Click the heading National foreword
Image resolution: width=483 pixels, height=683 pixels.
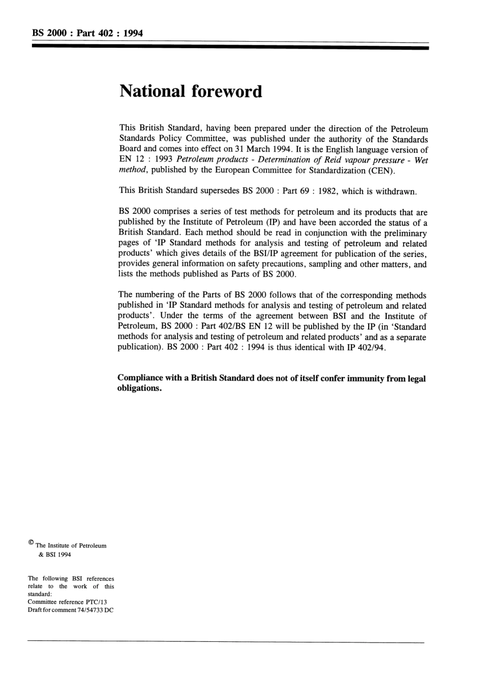(x=191, y=91)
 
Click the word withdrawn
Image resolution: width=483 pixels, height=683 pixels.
(x=397, y=191)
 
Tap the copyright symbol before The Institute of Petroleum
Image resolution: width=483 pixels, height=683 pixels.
(x=31, y=542)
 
